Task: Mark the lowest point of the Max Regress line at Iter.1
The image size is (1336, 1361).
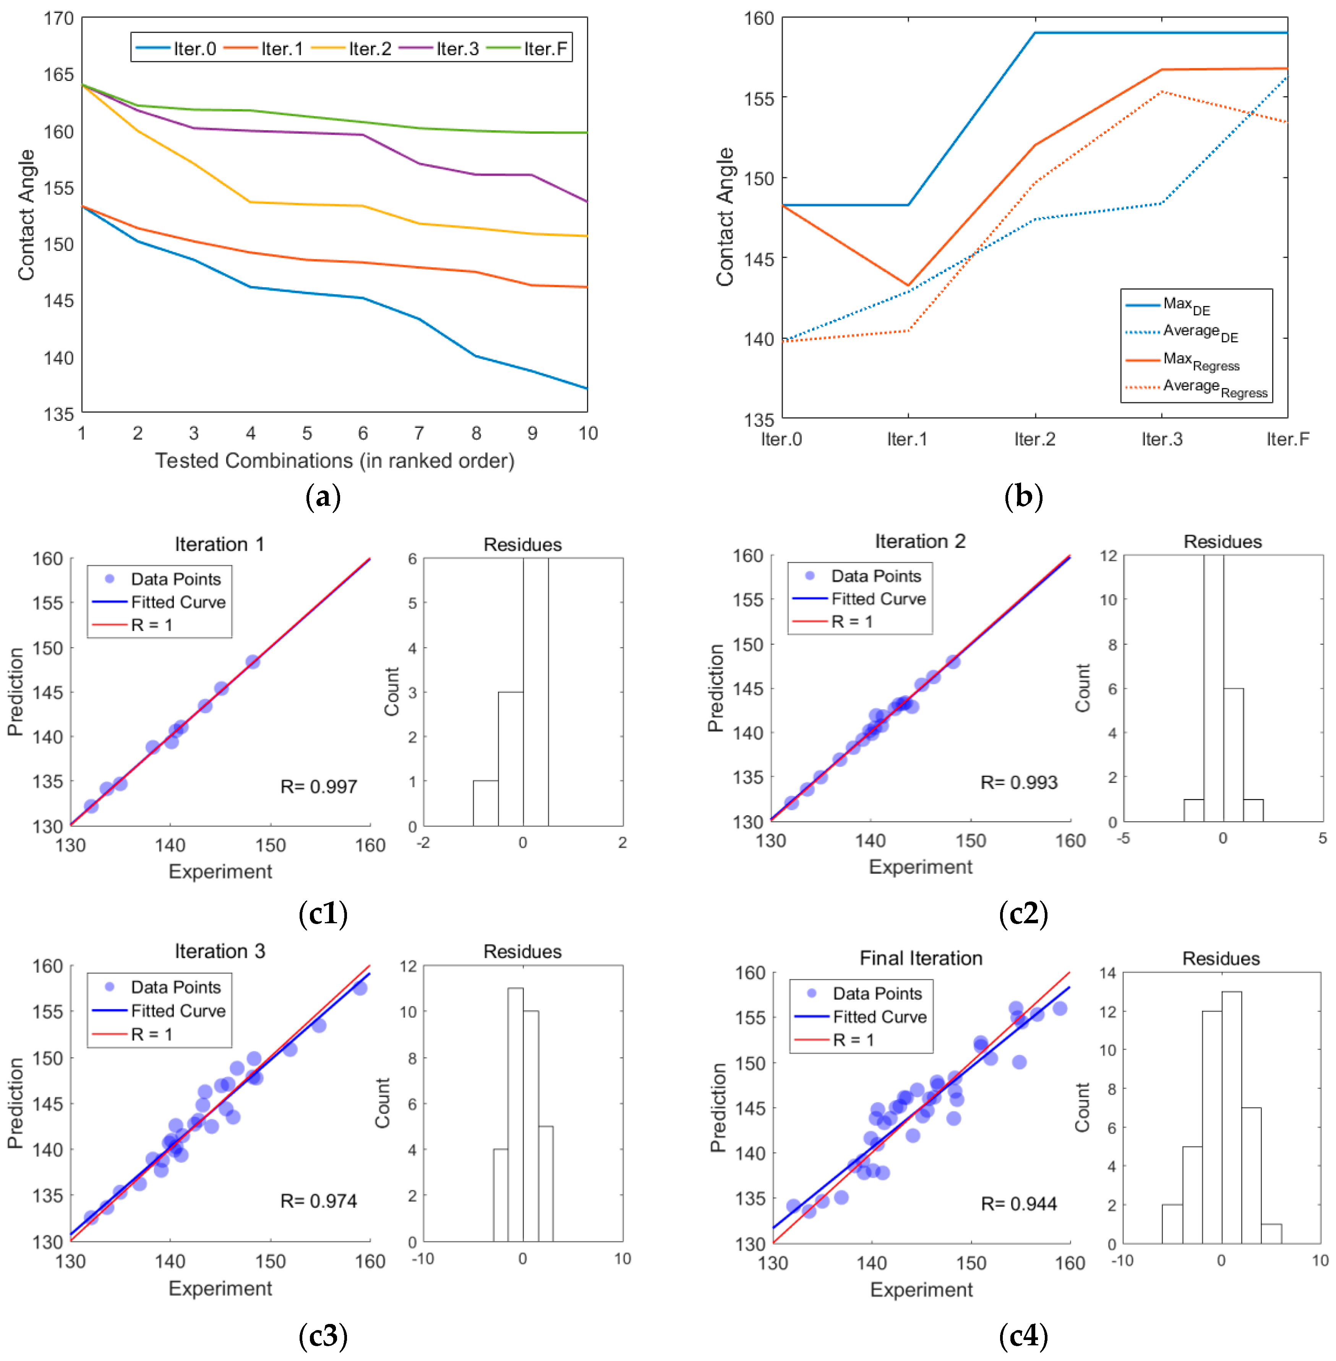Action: [908, 285]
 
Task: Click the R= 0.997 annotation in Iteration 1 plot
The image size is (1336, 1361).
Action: [319, 786]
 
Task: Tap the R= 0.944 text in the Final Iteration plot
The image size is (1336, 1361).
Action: [1019, 1204]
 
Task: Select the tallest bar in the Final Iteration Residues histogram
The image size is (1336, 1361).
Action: [1231, 1117]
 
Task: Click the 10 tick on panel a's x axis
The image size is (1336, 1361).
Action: [587, 434]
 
